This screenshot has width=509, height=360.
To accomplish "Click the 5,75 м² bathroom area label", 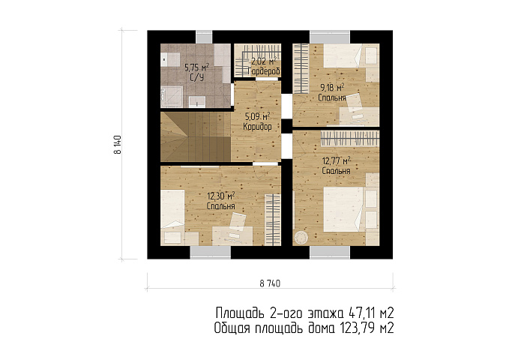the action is [196, 67].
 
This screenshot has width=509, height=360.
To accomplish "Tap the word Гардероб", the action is [264, 71].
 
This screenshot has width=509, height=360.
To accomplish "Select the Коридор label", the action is [257, 127].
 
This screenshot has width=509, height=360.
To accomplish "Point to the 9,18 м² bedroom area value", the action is [332, 87].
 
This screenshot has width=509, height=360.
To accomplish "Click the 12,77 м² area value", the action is [337, 160].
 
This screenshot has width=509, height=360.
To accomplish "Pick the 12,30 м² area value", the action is [221, 196].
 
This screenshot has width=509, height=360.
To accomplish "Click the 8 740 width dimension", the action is [270, 283].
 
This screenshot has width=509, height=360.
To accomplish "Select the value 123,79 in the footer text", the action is [358, 328].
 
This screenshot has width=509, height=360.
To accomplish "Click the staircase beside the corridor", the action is [196, 136].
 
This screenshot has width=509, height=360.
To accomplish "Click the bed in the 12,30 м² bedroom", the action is [172, 208].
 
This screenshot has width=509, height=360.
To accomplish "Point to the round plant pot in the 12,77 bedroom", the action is [301, 236].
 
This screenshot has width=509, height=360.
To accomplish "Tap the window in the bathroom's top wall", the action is [204, 37].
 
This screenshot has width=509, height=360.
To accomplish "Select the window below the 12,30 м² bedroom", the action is [211, 253].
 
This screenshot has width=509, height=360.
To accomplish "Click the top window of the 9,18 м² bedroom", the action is [330, 37].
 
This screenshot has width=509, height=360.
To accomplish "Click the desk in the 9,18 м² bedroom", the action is [359, 116].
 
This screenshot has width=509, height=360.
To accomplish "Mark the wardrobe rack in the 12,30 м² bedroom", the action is [272, 220].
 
